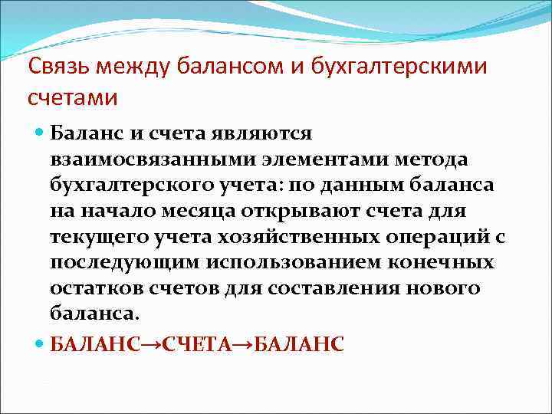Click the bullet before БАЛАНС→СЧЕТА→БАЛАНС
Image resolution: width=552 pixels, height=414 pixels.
click(40, 344)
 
